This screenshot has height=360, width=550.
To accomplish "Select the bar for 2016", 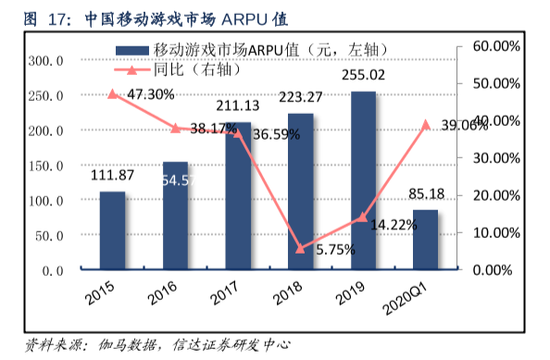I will [175, 216].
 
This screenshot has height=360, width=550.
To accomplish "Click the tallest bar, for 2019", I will [363, 180].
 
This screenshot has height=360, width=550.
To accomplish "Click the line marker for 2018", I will [300, 248].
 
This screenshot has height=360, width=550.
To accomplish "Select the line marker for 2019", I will [363, 217].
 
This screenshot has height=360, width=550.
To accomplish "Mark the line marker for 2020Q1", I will [426, 124].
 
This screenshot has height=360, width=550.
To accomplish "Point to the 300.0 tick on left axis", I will [45, 61].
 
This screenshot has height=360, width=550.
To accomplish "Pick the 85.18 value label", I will [426, 195].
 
